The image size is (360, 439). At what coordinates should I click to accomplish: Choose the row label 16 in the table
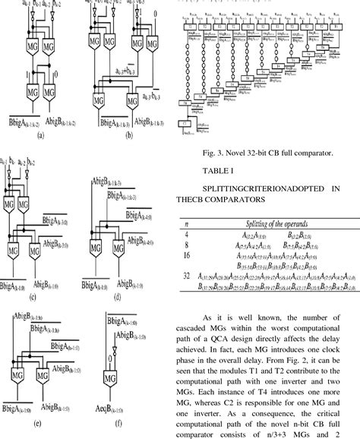[x=188, y=257]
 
